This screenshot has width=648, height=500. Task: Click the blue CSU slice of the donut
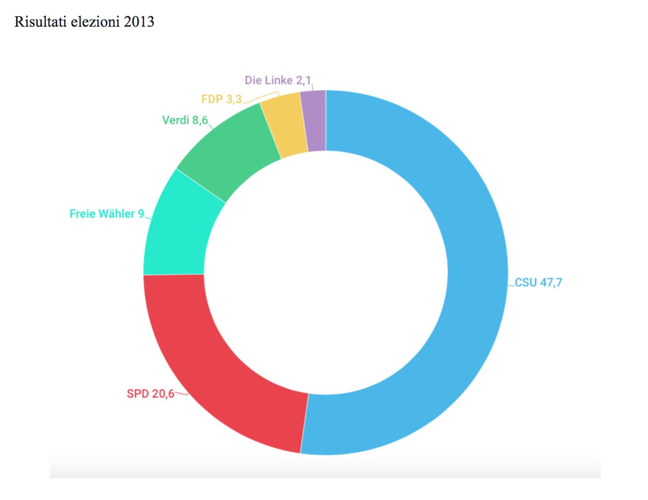[x=475, y=272]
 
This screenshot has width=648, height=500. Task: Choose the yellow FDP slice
[x=284, y=124]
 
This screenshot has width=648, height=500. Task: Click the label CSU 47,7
[x=538, y=283]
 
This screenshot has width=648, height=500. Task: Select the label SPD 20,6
[x=150, y=394]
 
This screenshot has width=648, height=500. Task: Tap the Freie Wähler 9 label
[x=107, y=214]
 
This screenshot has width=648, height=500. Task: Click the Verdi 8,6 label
[x=185, y=120]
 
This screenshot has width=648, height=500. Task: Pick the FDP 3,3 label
[x=221, y=100]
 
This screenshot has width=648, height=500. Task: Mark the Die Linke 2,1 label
[x=277, y=80]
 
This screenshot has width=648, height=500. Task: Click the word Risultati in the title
[x=41, y=22]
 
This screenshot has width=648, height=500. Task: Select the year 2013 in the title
[x=139, y=22]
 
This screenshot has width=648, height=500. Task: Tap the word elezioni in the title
[x=95, y=22]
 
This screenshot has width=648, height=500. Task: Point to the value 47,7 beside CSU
[x=551, y=283]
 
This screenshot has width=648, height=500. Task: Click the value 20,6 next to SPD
[x=163, y=394]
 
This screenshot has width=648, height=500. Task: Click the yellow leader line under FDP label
[x=262, y=98]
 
